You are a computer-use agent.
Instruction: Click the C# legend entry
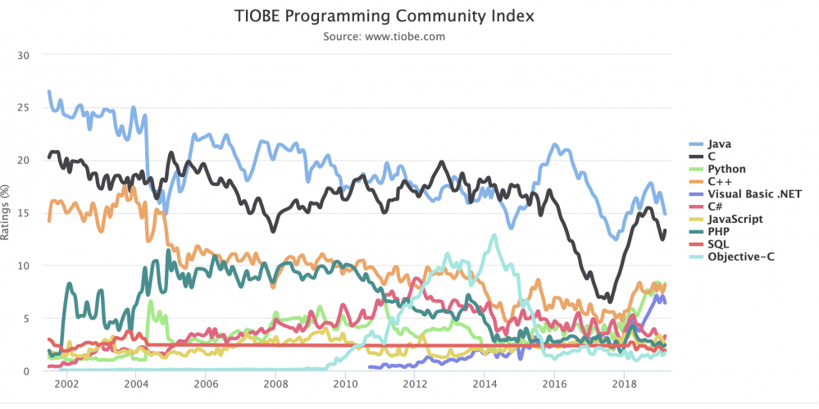[717, 207]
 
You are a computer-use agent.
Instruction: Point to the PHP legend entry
[720, 232]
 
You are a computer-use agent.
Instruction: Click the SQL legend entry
[720, 244]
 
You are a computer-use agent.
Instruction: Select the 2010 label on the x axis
[345, 384]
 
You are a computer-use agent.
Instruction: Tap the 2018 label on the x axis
[625, 384]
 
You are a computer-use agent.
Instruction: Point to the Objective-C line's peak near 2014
[494, 236]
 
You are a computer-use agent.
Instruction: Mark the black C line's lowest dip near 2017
[609, 300]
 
